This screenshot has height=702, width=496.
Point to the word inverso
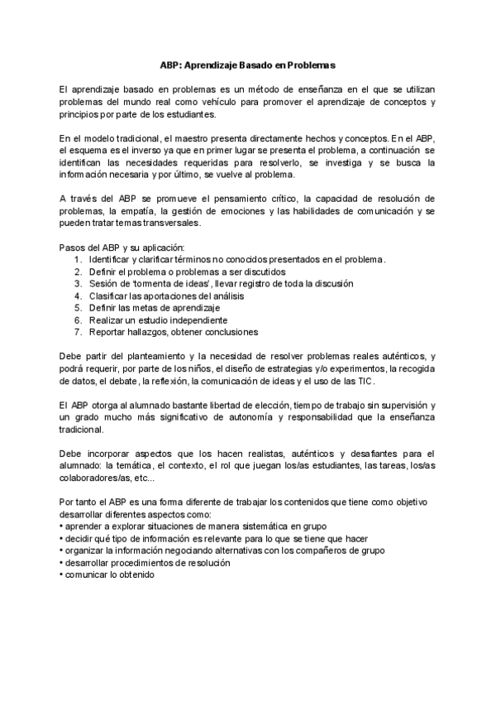[145, 150]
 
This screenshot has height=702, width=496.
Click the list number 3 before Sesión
[77, 283]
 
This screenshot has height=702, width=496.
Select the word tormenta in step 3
[144, 283]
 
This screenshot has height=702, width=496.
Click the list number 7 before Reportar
[77, 332]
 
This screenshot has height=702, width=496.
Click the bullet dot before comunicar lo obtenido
[61, 575]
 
